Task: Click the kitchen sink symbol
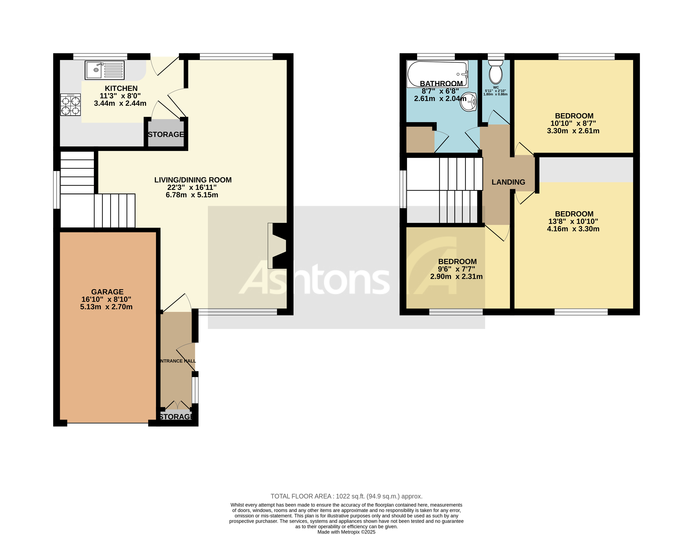104,70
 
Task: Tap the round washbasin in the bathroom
469,102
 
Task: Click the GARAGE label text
107,292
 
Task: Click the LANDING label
508,182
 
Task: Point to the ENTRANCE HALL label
178,361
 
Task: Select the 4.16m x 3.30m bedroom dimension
573,229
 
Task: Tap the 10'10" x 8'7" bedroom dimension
573,123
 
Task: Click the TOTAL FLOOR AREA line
346,496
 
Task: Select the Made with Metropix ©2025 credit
346,532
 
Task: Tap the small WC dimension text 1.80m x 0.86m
495,94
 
